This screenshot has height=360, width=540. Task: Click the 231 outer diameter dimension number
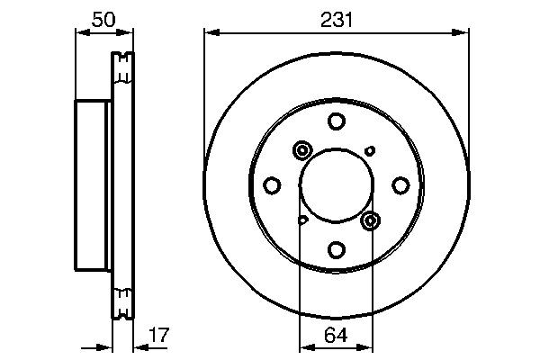point(336,17)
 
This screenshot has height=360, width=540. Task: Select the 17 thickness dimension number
point(158,335)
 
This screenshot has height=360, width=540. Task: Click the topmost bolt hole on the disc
point(336,121)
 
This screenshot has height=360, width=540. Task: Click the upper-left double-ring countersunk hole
point(301,151)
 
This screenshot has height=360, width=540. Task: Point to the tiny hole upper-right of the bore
point(369,150)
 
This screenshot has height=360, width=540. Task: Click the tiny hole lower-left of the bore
point(303,219)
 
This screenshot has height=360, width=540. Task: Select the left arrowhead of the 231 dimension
point(210,33)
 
